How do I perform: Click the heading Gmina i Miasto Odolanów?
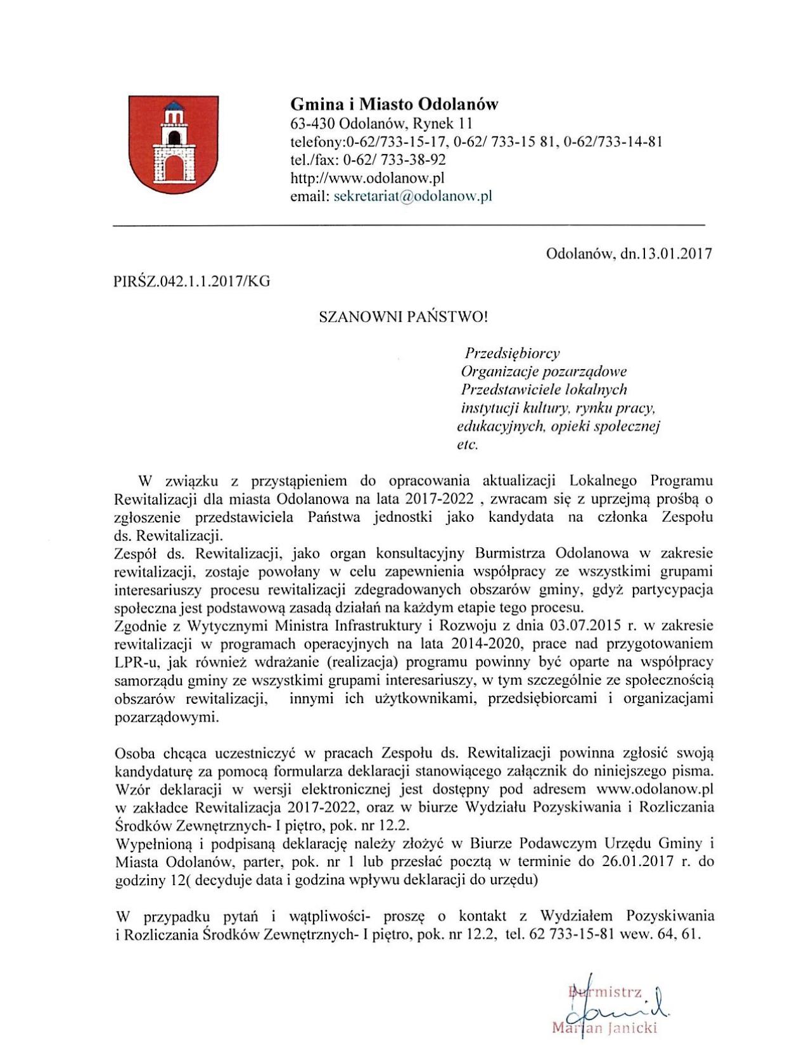(394, 104)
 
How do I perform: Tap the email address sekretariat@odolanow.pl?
(412, 196)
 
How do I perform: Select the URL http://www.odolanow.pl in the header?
(367, 178)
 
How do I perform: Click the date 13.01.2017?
(675, 254)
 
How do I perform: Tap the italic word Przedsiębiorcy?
(513, 353)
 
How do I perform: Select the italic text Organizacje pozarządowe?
(544, 371)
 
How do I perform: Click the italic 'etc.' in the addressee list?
(468, 444)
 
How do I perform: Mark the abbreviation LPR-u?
(136, 663)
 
